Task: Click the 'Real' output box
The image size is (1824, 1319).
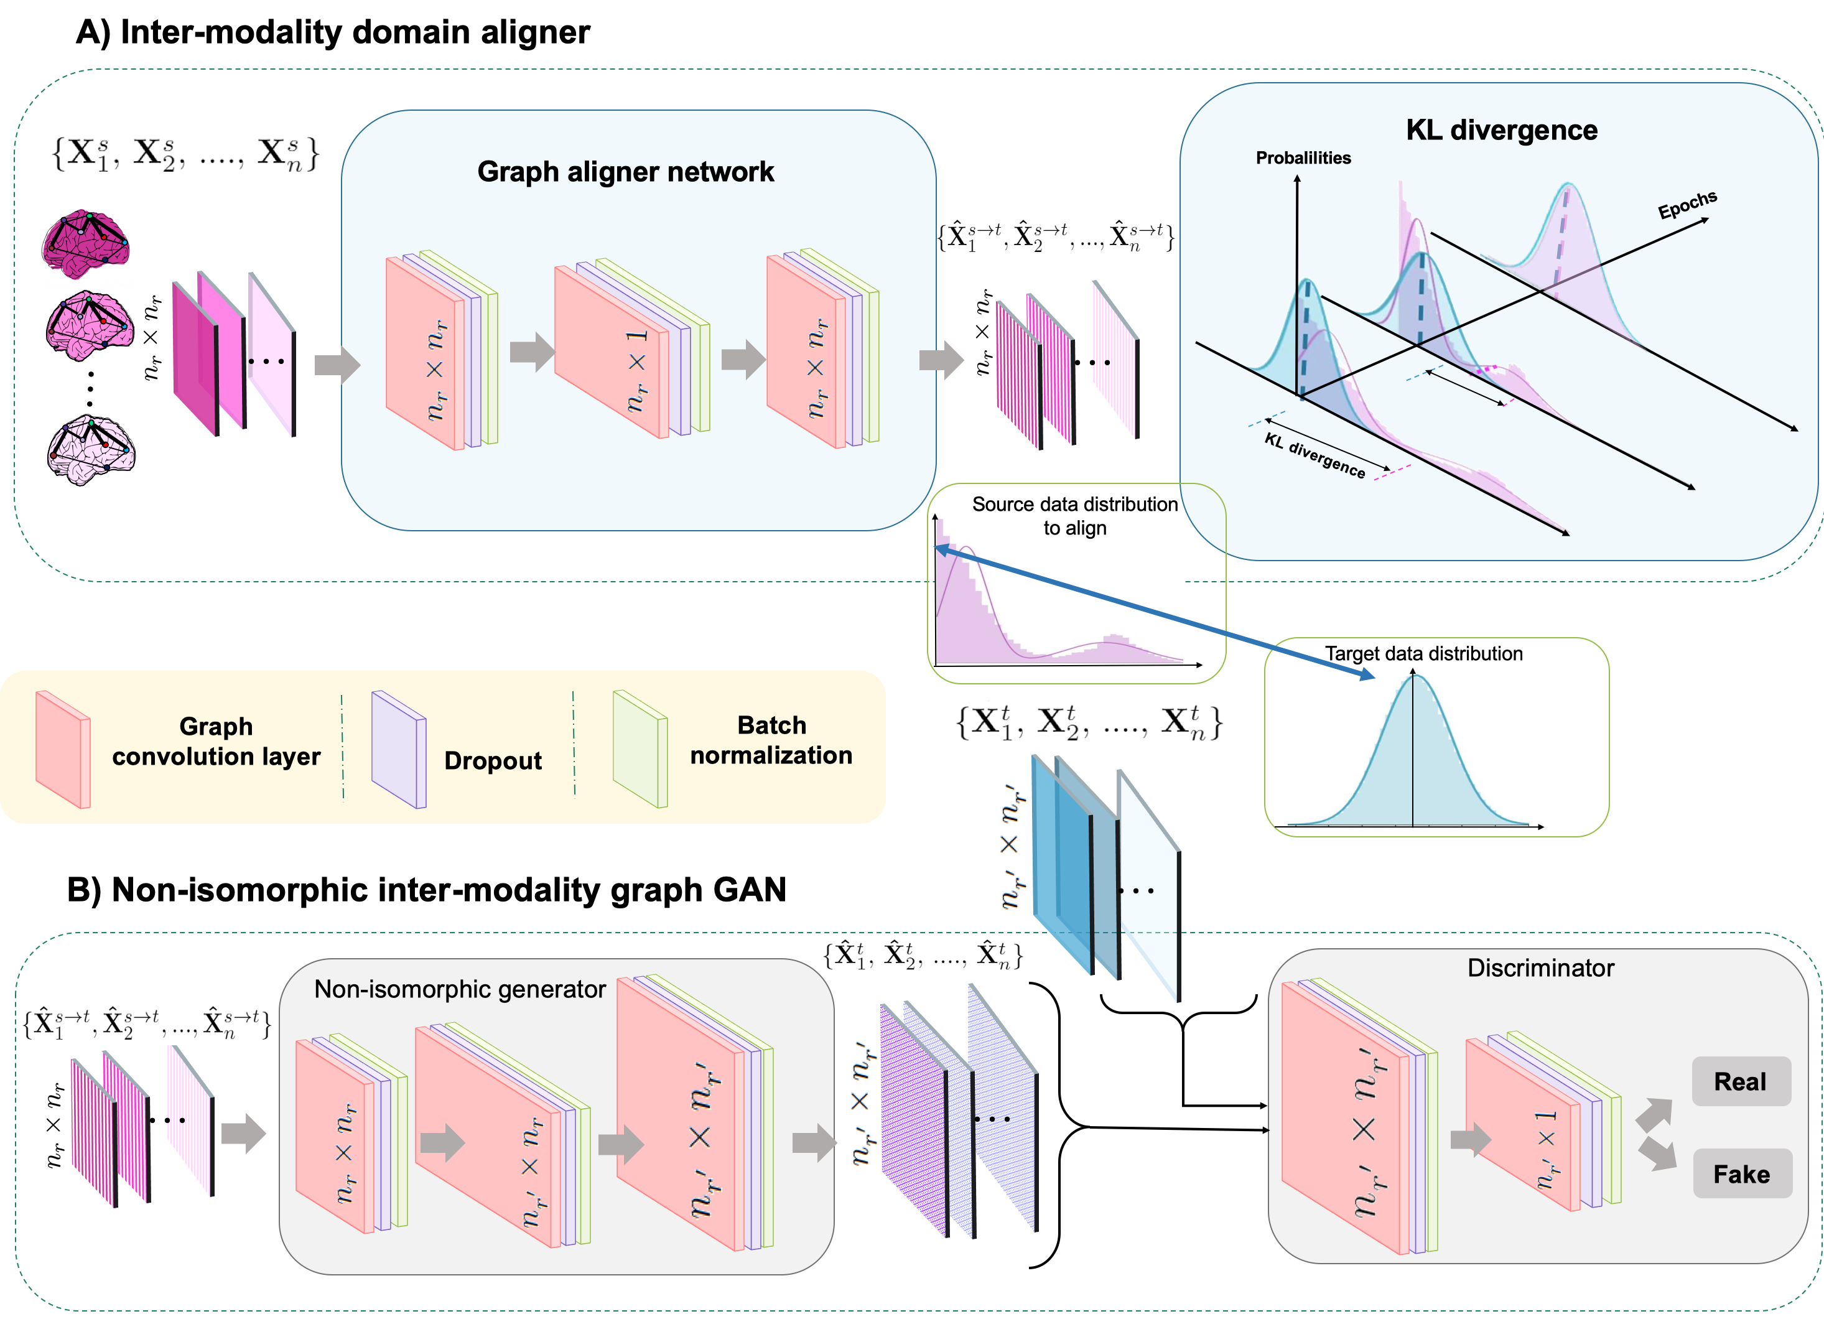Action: point(1741,1081)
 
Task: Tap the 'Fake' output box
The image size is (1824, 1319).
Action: point(1741,1173)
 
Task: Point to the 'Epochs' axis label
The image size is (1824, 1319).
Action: point(1687,204)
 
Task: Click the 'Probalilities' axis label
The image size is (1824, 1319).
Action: point(1303,157)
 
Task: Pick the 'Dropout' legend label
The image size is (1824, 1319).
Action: point(492,760)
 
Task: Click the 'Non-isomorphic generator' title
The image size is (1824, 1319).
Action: point(459,989)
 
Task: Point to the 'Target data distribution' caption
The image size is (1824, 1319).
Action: point(1423,653)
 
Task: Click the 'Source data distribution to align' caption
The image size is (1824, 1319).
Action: point(1074,516)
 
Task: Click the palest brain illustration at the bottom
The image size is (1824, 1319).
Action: point(90,449)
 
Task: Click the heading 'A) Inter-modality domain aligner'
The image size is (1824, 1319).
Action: point(332,32)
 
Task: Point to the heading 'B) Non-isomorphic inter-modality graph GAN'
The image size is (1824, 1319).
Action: point(426,890)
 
